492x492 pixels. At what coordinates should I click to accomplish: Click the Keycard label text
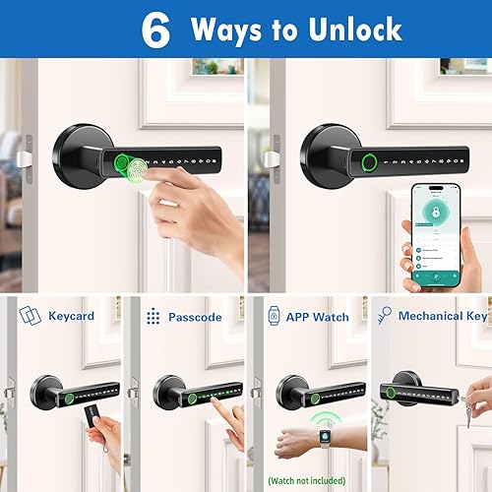(71, 317)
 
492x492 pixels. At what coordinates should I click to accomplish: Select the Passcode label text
(195, 317)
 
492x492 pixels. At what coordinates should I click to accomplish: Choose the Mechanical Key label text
(443, 316)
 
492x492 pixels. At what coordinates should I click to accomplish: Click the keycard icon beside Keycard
(30, 316)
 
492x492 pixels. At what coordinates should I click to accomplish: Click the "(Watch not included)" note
(307, 481)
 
